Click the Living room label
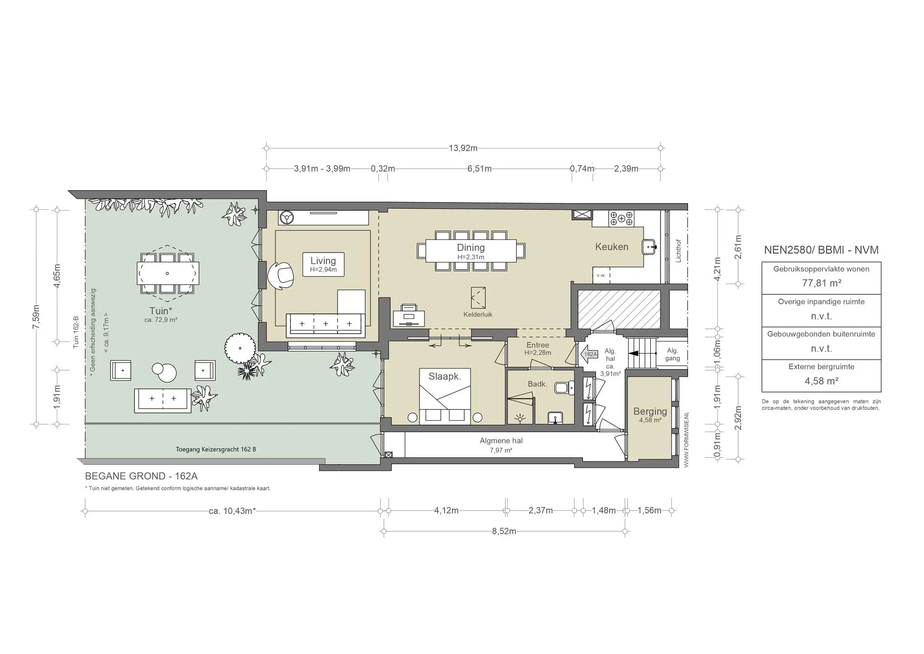(323, 261)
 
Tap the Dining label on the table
(471, 247)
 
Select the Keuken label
(611, 247)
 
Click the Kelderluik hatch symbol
(478, 298)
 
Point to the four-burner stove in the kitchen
(621, 218)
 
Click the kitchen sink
(649, 247)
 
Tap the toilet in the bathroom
(564, 387)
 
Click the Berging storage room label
(650, 411)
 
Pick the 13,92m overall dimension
(463, 148)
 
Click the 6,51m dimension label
(479, 169)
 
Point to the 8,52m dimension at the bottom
(504, 531)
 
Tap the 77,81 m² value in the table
(821, 283)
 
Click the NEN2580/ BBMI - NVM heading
(821, 250)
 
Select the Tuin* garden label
(161, 311)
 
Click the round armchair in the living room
(280, 275)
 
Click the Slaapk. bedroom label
(445, 376)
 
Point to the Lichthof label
(678, 251)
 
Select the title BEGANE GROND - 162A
(141, 476)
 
